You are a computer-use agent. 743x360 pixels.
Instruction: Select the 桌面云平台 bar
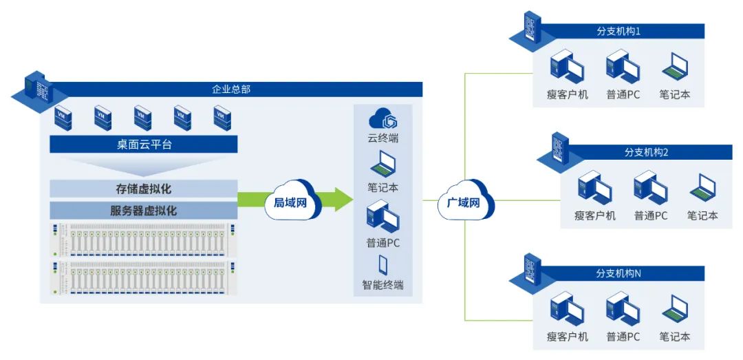(144, 145)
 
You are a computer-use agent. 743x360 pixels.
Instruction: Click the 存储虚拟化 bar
(144, 189)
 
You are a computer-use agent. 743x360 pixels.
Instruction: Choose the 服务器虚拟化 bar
(144, 210)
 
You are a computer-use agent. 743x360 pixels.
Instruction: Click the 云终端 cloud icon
(383, 118)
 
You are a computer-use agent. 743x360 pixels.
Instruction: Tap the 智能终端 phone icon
(383, 265)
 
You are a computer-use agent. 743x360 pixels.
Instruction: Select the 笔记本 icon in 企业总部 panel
(383, 165)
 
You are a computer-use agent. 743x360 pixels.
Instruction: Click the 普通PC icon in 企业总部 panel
(383, 216)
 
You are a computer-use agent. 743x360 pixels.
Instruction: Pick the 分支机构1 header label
(618, 31)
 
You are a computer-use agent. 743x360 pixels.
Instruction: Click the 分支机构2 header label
(646, 152)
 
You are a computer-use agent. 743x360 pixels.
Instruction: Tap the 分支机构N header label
(618, 273)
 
